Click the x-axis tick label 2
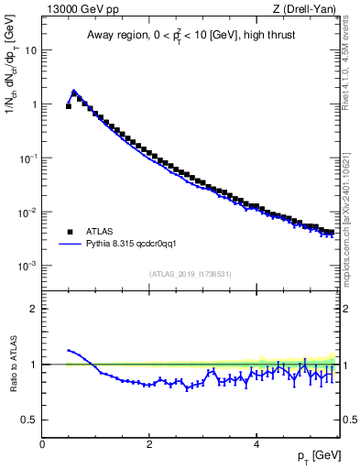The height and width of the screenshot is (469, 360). [149, 443]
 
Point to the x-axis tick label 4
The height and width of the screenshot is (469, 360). [256, 443]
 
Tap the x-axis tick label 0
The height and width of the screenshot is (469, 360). [42, 443]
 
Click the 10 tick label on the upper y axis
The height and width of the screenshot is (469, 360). [29, 50]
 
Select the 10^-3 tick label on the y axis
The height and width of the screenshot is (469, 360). [27, 266]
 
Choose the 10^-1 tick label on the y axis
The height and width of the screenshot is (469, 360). [27, 158]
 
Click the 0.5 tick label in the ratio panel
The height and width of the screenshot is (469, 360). [29, 420]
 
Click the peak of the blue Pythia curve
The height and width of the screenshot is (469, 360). [74, 91]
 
